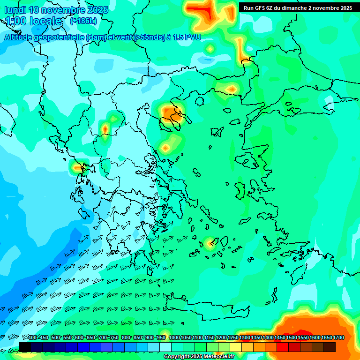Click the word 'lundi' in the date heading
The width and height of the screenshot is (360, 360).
pyautogui.click(x=15, y=10)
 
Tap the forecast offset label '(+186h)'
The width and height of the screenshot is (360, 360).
pyautogui.click(x=83, y=21)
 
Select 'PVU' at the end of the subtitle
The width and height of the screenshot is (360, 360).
pyautogui.click(x=193, y=37)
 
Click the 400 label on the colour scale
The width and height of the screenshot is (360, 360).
pyautogui.click(x=32, y=338)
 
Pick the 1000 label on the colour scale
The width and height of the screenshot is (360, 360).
pyautogui.click(x=174, y=338)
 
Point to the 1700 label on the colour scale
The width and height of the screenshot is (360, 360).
pyautogui.click(x=338, y=338)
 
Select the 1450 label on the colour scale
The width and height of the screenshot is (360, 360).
pyautogui.click(x=280, y=338)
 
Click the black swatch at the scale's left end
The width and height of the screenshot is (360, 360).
pyautogui.click(x=24, y=347)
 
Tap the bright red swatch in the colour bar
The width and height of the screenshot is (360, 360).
pyautogui.click(x=283, y=347)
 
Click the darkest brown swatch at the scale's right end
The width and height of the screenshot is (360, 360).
pyautogui.click(x=330, y=347)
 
